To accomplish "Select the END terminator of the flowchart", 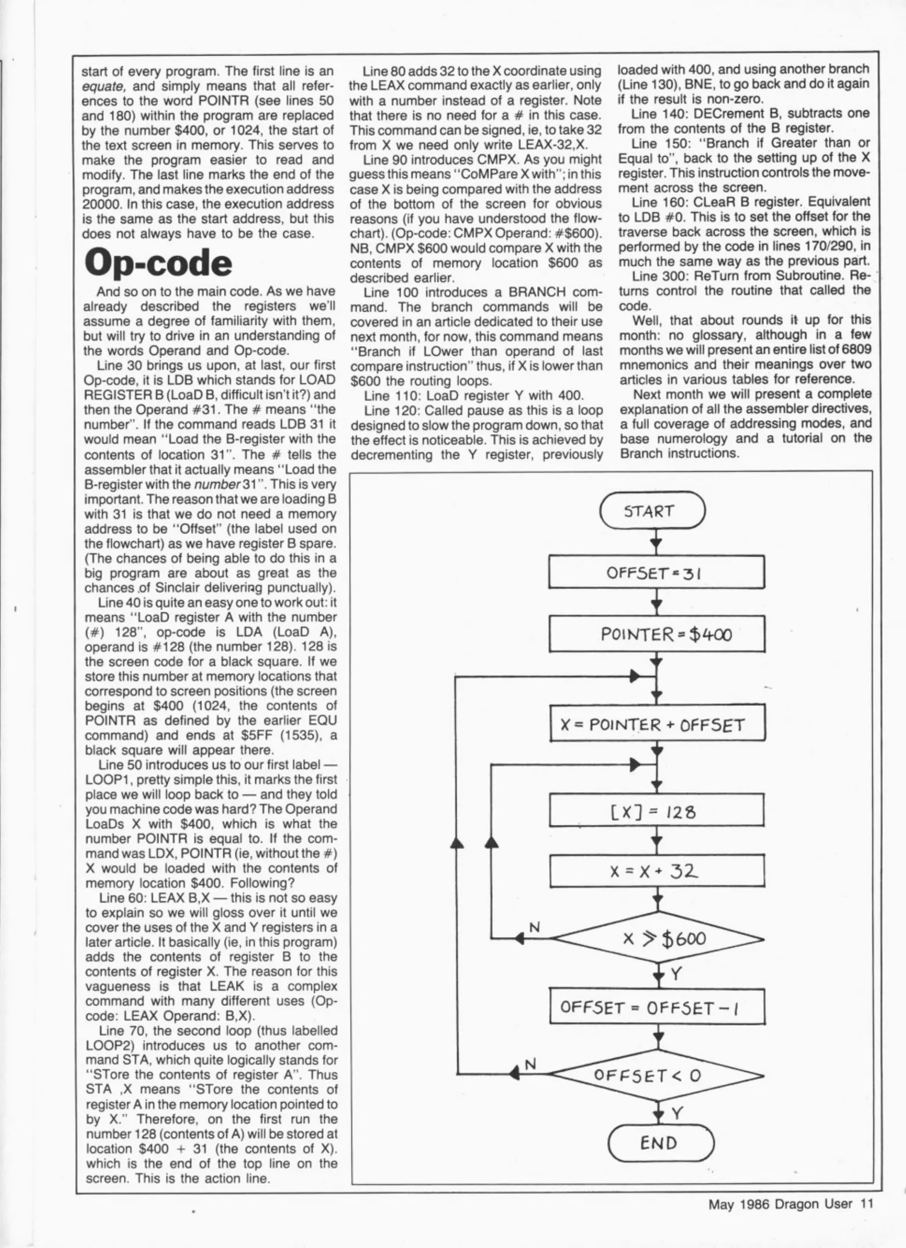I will tap(661, 1143).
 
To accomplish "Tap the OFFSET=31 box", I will tap(656, 573).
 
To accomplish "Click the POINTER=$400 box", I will tap(657, 634).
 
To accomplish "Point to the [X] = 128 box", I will tap(657, 812).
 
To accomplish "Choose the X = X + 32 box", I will tap(657, 871).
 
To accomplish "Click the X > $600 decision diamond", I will tap(658, 939).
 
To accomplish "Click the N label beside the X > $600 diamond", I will tap(535, 927).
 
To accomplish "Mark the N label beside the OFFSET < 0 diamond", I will tap(529, 1063).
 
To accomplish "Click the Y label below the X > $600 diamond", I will tap(675, 975).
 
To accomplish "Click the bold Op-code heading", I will tap(158, 263).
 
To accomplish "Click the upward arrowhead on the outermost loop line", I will tap(457, 844).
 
